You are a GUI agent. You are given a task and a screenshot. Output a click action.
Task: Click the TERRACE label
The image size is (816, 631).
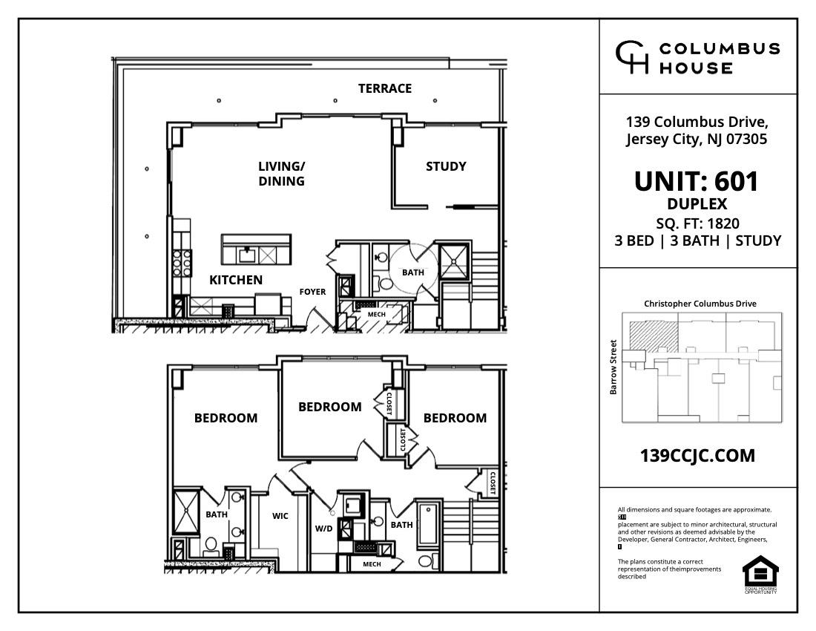(384, 88)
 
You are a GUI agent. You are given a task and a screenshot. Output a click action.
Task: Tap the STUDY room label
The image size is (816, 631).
(446, 166)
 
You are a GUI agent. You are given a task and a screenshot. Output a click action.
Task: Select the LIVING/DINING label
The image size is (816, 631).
(281, 173)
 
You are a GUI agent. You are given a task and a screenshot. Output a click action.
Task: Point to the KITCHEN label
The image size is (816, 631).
(236, 280)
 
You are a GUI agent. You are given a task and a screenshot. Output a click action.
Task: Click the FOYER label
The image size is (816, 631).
(312, 292)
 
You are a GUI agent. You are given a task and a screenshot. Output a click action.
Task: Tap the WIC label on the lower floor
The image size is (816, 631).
(280, 516)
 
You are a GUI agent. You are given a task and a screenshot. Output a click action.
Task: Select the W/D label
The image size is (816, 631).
(324, 529)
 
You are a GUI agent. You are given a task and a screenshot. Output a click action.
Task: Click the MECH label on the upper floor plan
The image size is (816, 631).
(377, 314)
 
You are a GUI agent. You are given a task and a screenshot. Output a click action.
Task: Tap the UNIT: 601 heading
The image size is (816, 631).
(697, 182)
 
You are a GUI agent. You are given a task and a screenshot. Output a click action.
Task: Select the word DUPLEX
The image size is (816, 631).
(697, 204)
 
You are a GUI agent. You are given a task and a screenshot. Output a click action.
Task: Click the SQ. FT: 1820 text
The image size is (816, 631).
(697, 223)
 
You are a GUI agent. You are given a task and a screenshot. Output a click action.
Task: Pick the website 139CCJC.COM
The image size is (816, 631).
(697, 455)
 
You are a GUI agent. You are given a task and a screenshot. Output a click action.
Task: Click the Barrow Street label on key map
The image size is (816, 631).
(613, 367)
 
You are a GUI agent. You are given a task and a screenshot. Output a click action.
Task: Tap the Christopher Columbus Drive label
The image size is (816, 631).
(700, 304)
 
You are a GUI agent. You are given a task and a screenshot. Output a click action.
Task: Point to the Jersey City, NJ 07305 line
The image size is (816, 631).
(697, 139)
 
